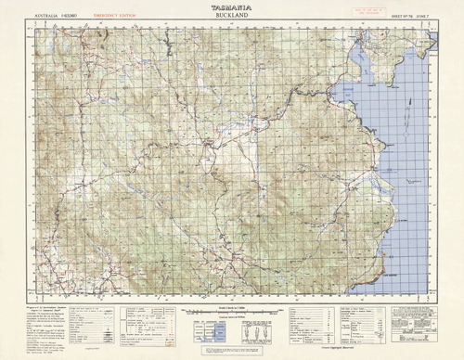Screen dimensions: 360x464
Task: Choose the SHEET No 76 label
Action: click(393, 16)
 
